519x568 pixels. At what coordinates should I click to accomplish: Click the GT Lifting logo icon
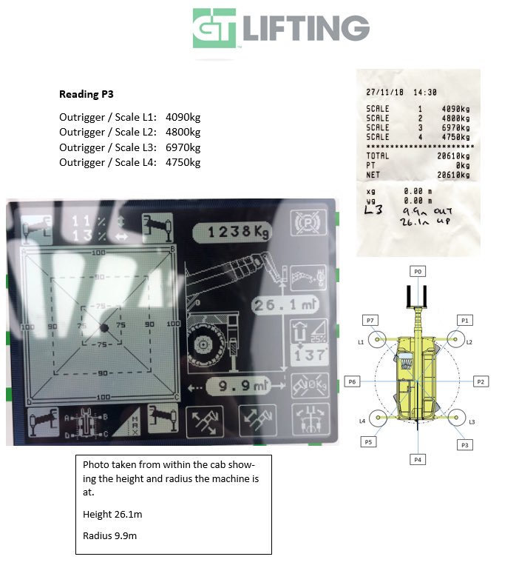pyautogui.click(x=215, y=28)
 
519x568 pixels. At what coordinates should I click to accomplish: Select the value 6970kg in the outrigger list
pyautogui.click(x=183, y=147)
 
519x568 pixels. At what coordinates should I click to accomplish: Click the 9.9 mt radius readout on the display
pyautogui.click(x=237, y=385)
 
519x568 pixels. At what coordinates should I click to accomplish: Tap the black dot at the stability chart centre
pyautogui.click(x=104, y=327)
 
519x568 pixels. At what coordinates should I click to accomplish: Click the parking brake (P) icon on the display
pyautogui.click(x=305, y=223)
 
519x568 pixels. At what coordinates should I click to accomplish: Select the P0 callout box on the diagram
pyautogui.click(x=418, y=272)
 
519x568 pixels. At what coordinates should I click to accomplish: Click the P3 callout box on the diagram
pyautogui.click(x=465, y=444)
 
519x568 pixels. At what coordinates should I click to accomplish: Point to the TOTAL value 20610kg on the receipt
pyautogui.click(x=452, y=156)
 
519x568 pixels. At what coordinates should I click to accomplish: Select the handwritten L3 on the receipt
pyautogui.click(x=375, y=210)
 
